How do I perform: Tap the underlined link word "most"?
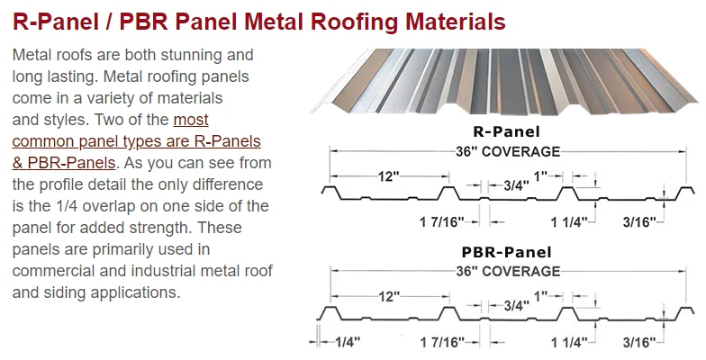click(191, 120)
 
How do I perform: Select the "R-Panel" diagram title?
click(506, 131)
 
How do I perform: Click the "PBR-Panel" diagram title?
click(506, 252)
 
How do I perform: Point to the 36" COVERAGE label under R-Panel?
click(508, 151)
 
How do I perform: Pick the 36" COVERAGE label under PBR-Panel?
click(508, 272)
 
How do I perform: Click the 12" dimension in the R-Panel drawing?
click(389, 176)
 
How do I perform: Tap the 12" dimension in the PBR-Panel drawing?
click(389, 297)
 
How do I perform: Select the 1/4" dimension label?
click(348, 342)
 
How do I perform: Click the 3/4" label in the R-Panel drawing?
click(516, 185)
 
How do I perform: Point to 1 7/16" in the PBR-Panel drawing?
click(442, 342)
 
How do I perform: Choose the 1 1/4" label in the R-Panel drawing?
click(569, 221)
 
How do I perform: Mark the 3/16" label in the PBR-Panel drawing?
click(639, 342)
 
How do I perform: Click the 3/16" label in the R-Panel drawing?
click(639, 221)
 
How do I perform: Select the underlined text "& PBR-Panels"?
click(64, 162)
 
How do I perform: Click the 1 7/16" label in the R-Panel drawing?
click(441, 221)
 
